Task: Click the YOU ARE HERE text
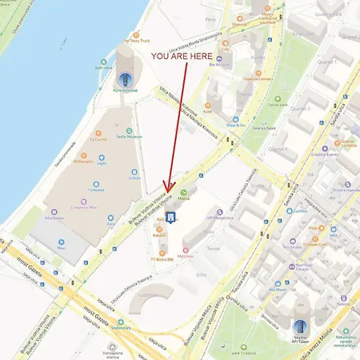pos(182,57)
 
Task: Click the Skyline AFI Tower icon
pos(300,326)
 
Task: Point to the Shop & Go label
pos(234,125)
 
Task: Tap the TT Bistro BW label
pos(162,260)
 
